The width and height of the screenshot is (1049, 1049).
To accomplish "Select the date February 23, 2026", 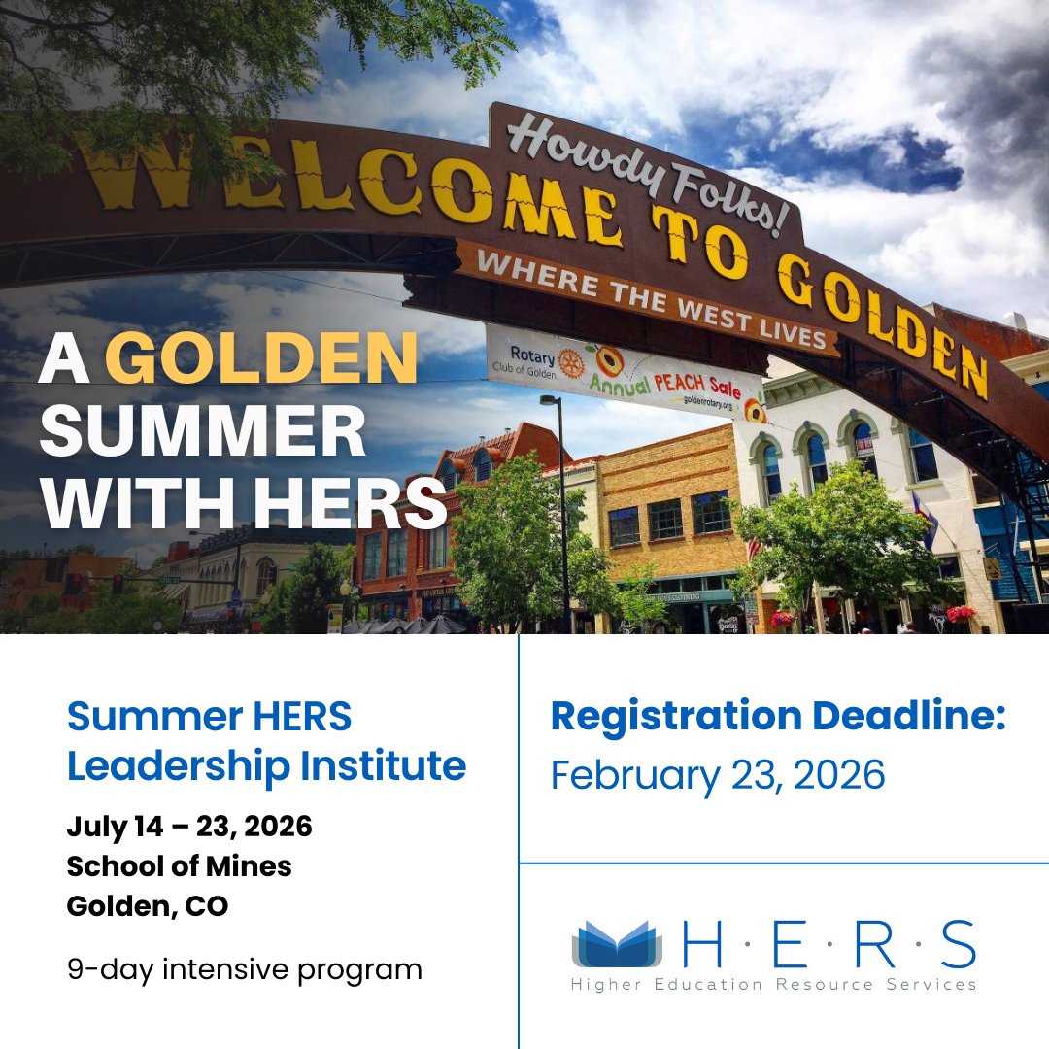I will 718,775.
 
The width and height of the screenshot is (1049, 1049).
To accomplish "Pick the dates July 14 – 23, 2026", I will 189,827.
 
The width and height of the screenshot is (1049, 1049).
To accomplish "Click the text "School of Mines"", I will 179,865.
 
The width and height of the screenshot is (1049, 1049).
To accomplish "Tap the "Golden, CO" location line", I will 147,905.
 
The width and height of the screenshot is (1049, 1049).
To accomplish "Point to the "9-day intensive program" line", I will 244,968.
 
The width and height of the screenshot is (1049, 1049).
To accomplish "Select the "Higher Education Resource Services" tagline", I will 773,985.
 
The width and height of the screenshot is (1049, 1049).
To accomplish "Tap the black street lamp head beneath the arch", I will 551,400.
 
